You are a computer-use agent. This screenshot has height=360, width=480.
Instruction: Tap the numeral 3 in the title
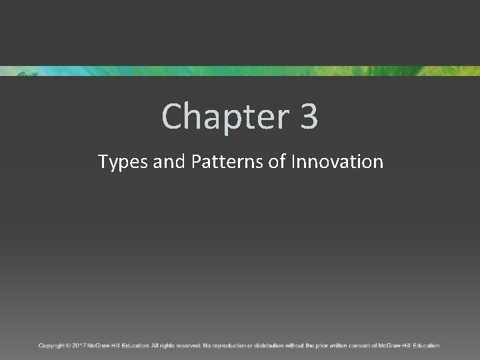(x=309, y=116)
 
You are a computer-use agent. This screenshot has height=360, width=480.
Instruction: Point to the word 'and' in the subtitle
(x=167, y=161)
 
